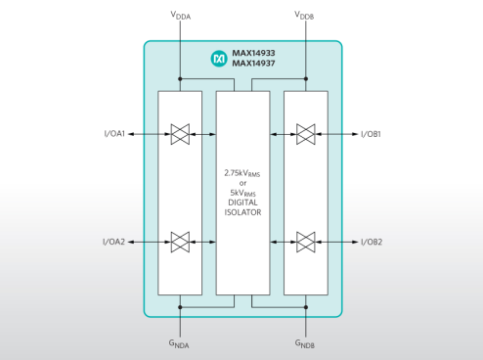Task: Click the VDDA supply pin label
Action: pos(181,16)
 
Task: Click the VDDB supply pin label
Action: pos(304,16)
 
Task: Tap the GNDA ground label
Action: pos(179,343)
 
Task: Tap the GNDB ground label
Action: pos(305,343)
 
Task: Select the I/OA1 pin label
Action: pos(114,134)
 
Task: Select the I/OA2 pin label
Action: pos(113,242)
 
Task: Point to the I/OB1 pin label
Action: pos(371,134)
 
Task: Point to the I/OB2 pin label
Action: pos(372,242)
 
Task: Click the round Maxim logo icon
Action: pos(219,59)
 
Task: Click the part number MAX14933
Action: pos(253,53)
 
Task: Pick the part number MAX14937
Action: pos(253,63)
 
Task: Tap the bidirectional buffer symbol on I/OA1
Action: pos(180,134)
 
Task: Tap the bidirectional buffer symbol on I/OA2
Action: pos(180,242)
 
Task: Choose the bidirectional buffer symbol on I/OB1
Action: pos(306,134)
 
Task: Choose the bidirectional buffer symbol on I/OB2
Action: pos(306,242)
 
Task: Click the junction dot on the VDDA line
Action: pos(180,79)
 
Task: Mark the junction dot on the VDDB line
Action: pos(306,79)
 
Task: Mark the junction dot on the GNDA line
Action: pos(180,307)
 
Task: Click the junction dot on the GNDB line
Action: pos(306,307)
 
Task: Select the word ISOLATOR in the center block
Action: pos(242,212)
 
